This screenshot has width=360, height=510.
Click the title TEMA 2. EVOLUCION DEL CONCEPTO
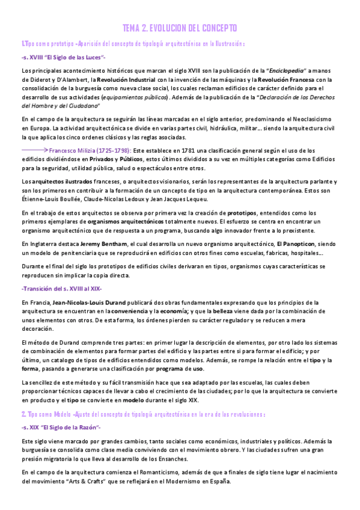coord(180,28)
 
